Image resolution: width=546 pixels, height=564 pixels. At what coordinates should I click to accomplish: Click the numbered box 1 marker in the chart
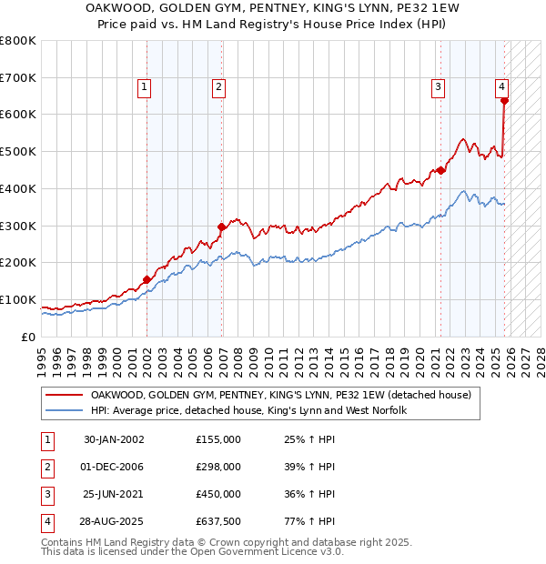[x=145, y=87]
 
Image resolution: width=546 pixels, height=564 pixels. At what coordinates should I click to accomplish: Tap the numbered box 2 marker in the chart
[x=219, y=87]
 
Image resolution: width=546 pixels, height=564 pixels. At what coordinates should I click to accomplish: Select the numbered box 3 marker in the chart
[x=438, y=87]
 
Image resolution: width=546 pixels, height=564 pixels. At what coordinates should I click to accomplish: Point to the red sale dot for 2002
[x=147, y=279]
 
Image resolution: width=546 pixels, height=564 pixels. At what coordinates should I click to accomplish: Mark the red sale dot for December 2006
[x=221, y=227]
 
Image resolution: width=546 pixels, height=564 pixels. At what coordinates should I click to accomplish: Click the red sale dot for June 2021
[x=440, y=170]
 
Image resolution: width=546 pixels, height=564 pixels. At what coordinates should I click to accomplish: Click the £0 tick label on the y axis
[x=27, y=337]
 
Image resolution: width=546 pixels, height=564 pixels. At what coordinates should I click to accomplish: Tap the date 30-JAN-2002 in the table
[x=114, y=439]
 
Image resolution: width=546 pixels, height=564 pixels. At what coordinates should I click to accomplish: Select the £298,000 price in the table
[x=218, y=467]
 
